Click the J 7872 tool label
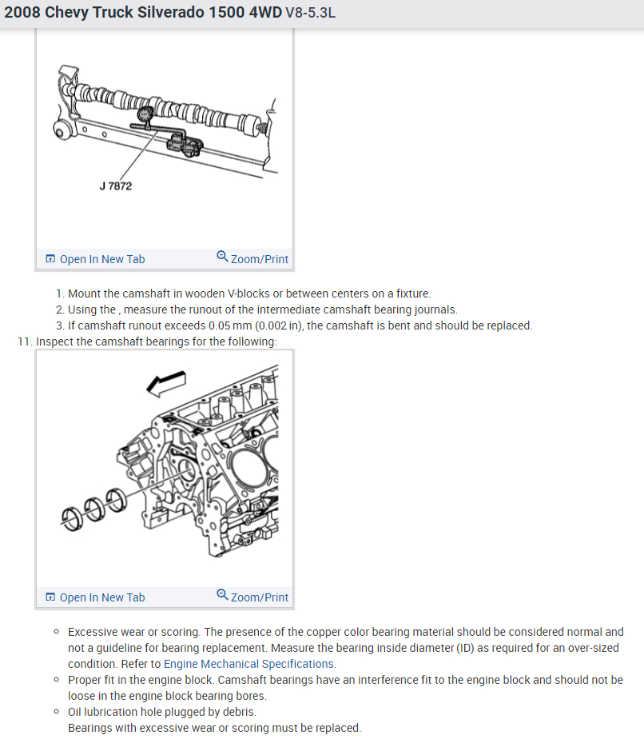click(x=116, y=186)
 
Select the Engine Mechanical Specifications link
click(x=248, y=664)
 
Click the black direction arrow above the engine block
click(x=166, y=383)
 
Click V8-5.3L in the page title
click(x=311, y=15)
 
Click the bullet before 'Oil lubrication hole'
click(x=57, y=712)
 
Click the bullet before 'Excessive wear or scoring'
click(x=57, y=632)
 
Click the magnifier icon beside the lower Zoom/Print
click(x=222, y=595)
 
